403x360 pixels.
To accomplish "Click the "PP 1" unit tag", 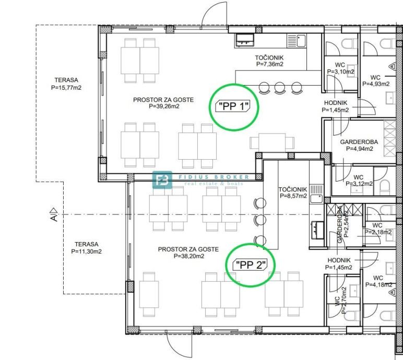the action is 233,106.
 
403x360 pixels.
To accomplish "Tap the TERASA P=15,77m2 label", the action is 66,84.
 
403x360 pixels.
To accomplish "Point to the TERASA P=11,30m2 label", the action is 86,248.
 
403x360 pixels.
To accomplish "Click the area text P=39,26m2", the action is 164,106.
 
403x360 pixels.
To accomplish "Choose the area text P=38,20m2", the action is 189,256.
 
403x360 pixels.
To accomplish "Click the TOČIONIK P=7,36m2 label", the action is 269,61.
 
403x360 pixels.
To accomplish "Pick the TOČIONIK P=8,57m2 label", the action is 293,193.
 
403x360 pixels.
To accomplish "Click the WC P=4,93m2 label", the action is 376,81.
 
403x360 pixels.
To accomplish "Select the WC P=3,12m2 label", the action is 359,181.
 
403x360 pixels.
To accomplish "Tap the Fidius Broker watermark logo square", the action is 162,179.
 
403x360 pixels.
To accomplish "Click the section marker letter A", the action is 54,218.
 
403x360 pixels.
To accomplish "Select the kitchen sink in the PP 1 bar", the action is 297,41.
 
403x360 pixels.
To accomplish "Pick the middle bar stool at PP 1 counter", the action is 279,88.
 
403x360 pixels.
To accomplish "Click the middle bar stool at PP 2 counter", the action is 260,220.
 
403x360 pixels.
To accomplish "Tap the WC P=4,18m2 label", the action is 378,281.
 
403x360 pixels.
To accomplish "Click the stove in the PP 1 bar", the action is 245,40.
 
